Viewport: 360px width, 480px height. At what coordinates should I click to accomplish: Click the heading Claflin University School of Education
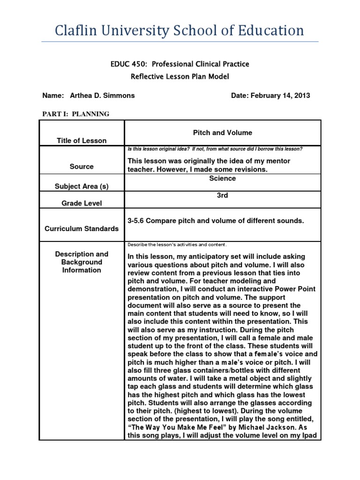tap(180, 31)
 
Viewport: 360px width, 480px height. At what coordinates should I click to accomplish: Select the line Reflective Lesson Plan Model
tap(180, 76)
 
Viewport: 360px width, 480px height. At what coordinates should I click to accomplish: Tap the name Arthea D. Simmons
tap(102, 96)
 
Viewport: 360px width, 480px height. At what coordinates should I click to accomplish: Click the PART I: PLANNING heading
tap(76, 114)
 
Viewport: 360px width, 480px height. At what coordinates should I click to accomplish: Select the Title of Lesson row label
tap(82, 141)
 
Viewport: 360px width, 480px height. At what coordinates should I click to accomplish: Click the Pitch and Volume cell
tap(223, 133)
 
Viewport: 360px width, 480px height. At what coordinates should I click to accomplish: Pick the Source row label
tap(82, 166)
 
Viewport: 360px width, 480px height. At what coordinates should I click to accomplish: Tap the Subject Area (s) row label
tap(82, 186)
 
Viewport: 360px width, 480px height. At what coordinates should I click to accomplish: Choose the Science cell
tap(223, 179)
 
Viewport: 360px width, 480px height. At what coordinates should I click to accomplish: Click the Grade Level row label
tap(82, 203)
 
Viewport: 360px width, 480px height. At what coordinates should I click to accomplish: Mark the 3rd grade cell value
tap(223, 195)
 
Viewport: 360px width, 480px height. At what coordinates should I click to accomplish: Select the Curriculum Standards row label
tap(82, 229)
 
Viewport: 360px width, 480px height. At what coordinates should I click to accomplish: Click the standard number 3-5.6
tap(136, 221)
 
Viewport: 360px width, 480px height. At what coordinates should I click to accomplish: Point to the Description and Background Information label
tap(82, 262)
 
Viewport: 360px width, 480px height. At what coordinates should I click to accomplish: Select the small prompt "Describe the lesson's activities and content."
tap(177, 245)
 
